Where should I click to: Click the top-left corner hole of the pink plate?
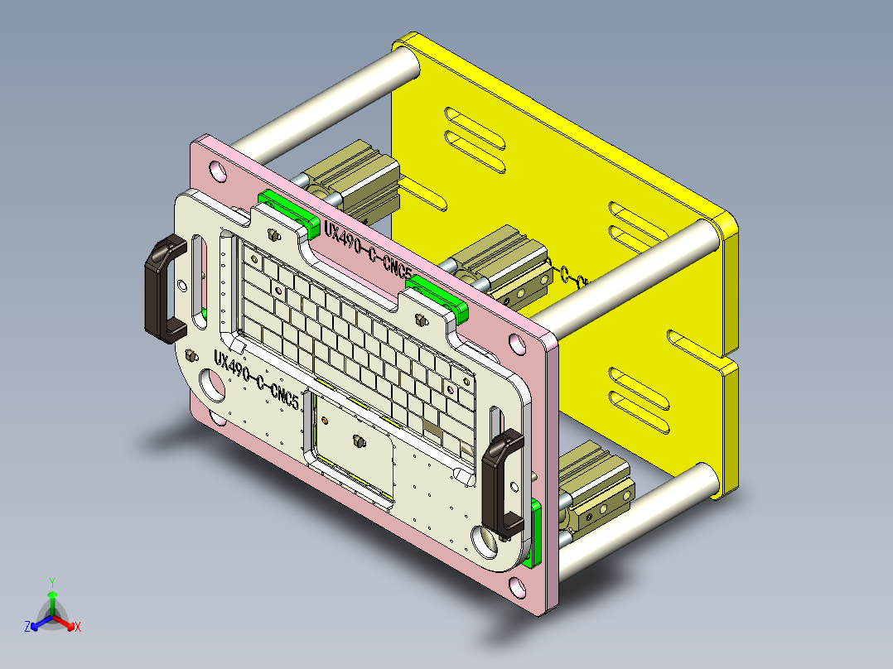pos(217,171)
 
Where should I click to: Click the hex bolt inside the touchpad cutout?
pos(359,442)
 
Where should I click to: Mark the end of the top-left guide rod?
pos(406,63)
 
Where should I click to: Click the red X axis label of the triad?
pos(78,628)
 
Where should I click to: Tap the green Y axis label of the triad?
pos(51,582)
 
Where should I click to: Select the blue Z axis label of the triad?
pos(27,628)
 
